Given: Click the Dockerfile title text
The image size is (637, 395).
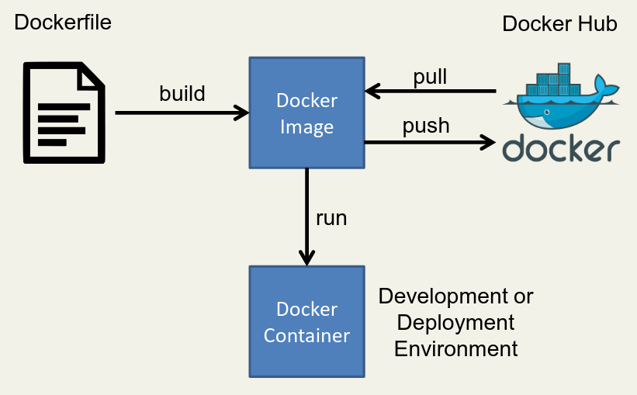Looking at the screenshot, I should [x=63, y=22].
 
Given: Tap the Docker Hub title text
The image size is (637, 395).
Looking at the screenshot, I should [x=559, y=24].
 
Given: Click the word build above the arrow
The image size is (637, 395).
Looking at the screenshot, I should [x=182, y=94].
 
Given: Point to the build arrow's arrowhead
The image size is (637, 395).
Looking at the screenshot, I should [x=242, y=113].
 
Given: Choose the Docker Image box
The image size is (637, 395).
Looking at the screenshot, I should [x=306, y=113].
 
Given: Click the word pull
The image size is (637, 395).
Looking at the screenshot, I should [x=430, y=78].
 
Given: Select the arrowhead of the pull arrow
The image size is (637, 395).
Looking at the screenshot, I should [x=372, y=92].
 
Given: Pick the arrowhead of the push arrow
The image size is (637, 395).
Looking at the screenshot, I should [x=488, y=141].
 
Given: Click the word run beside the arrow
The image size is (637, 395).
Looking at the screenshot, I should [x=331, y=218].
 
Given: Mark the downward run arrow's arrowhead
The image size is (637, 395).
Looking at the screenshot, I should [x=307, y=258].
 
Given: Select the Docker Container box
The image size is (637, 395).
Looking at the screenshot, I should [x=306, y=321].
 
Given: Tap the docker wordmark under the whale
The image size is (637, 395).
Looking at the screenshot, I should [x=561, y=147].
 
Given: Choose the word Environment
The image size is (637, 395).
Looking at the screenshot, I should [x=456, y=348].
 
